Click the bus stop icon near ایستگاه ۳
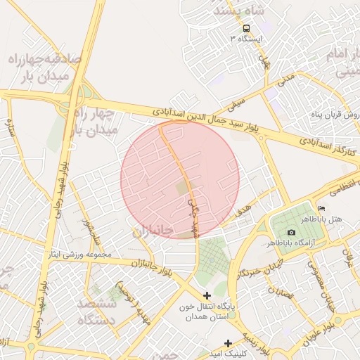tap(246, 29)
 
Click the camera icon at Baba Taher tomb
tap(291, 233)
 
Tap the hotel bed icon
tap(322, 209)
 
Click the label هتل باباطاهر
tap(322, 219)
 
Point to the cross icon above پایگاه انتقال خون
tap(207, 296)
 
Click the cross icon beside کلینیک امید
tap(228, 342)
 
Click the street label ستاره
tap(10, 131)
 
